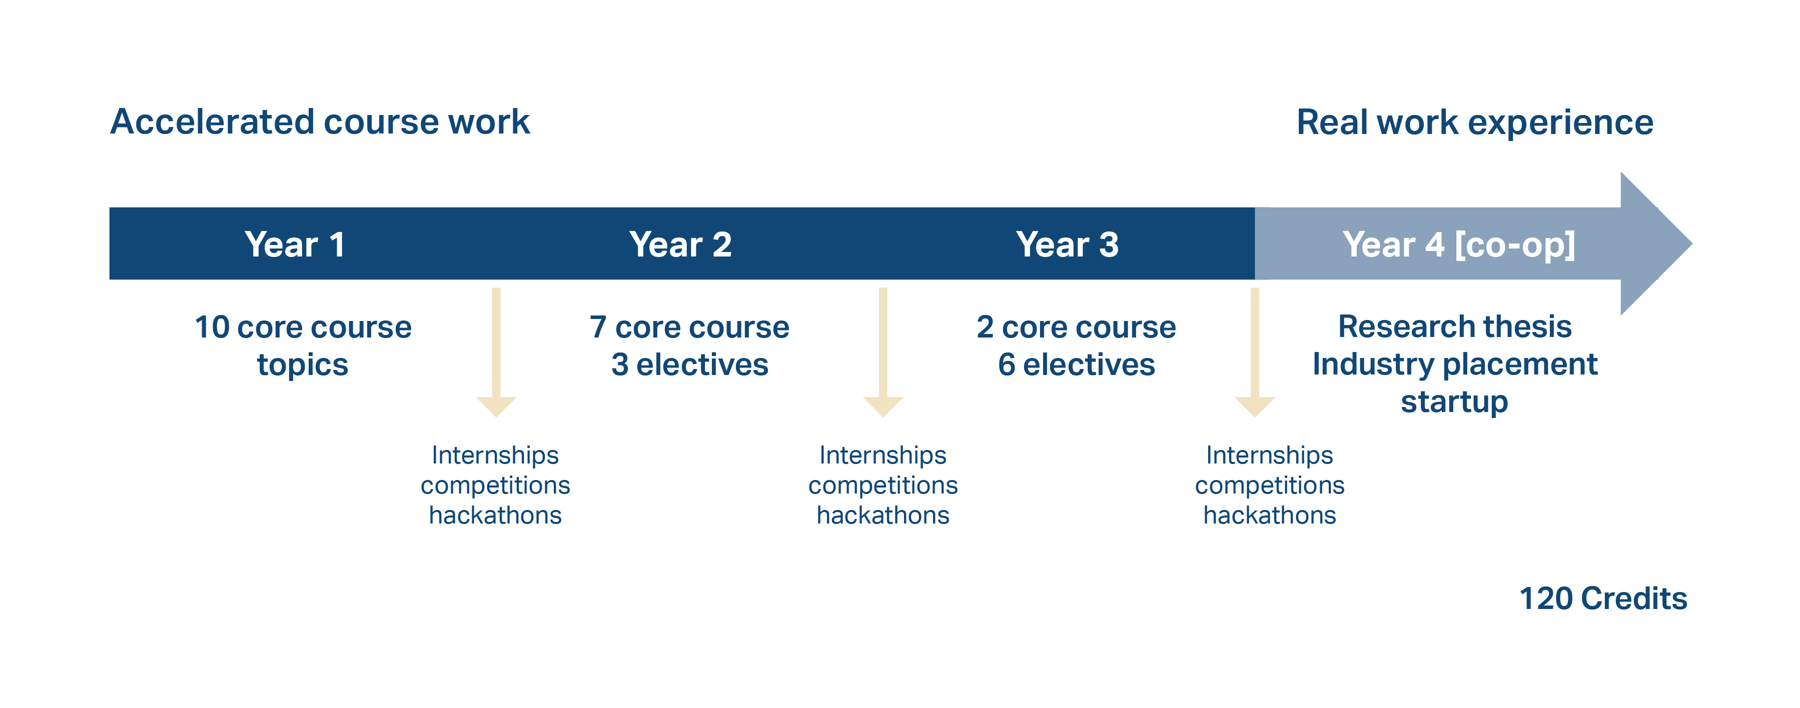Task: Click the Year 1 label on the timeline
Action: click(294, 244)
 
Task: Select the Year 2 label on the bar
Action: click(680, 244)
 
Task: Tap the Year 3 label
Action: click(1067, 244)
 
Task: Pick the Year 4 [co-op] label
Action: click(1458, 244)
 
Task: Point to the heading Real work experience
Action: click(1474, 122)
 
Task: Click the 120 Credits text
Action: click(1602, 598)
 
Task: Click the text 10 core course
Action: click(303, 327)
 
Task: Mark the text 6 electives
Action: click(1076, 364)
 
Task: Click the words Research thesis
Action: click(1454, 326)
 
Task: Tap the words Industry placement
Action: click(1454, 364)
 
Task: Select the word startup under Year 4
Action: click(1454, 401)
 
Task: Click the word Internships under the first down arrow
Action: click(495, 455)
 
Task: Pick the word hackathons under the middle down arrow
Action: click(882, 515)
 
